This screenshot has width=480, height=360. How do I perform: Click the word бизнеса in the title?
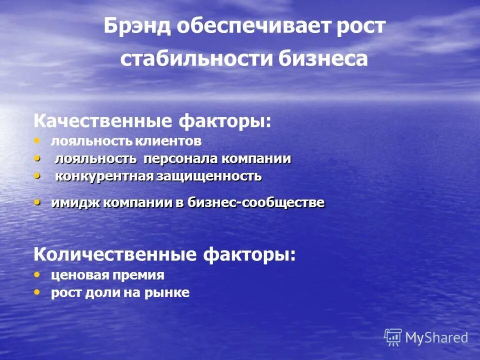pos(323,59)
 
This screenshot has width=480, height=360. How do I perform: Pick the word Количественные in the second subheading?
pos(114,254)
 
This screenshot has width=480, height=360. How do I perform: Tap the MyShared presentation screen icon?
pos(393,337)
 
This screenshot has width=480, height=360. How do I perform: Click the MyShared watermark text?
pos(436,338)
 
